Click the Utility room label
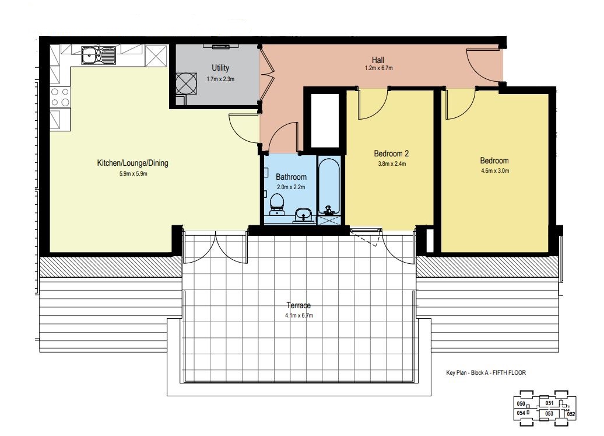[220, 68]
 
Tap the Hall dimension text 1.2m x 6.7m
[378, 68]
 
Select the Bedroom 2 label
[391, 154]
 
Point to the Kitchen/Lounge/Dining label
[132, 163]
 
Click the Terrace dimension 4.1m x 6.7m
[299, 315]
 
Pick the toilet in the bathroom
[276, 204]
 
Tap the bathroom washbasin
[304, 215]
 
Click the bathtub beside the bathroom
[329, 186]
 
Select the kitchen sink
[98, 55]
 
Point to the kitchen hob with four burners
[60, 97]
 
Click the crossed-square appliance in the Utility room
[186, 83]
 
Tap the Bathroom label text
[292, 177]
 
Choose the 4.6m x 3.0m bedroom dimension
[495, 171]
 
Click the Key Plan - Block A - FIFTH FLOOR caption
[486, 373]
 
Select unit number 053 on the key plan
[549, 414]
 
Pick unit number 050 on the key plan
[521, 404]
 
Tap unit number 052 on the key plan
[571, 414]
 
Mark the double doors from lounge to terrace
[215, 247]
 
